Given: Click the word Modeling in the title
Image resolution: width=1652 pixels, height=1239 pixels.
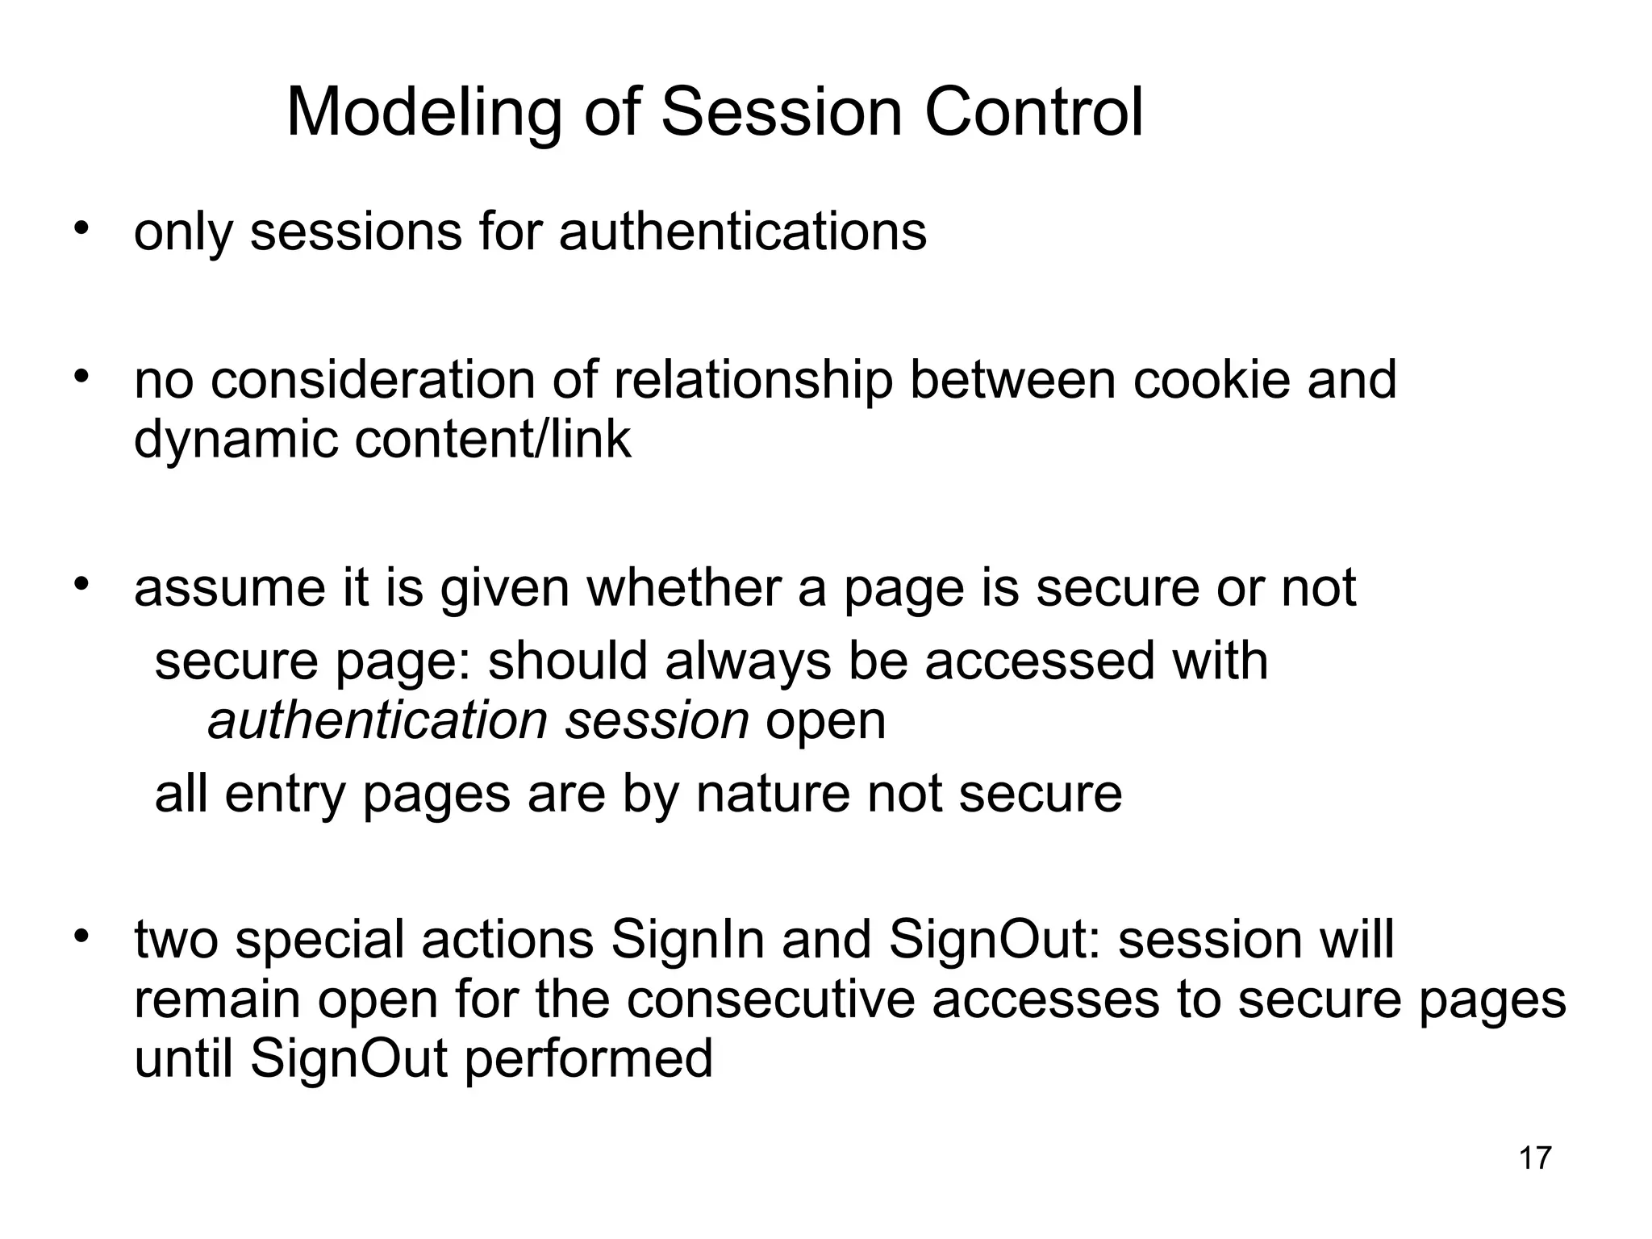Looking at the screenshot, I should (423, 113).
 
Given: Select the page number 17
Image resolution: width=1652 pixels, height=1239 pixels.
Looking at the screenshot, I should (1535, 1158).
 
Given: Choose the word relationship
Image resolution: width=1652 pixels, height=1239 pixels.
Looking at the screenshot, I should (753, 381).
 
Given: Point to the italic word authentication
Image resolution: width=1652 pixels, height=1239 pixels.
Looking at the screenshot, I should (378, 720).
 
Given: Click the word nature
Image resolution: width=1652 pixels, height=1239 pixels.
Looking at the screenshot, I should (772, 794).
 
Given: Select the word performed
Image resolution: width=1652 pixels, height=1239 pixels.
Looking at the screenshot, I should (589, 1059).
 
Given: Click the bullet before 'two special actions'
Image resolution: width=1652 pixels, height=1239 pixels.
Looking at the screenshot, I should (80, 937).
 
